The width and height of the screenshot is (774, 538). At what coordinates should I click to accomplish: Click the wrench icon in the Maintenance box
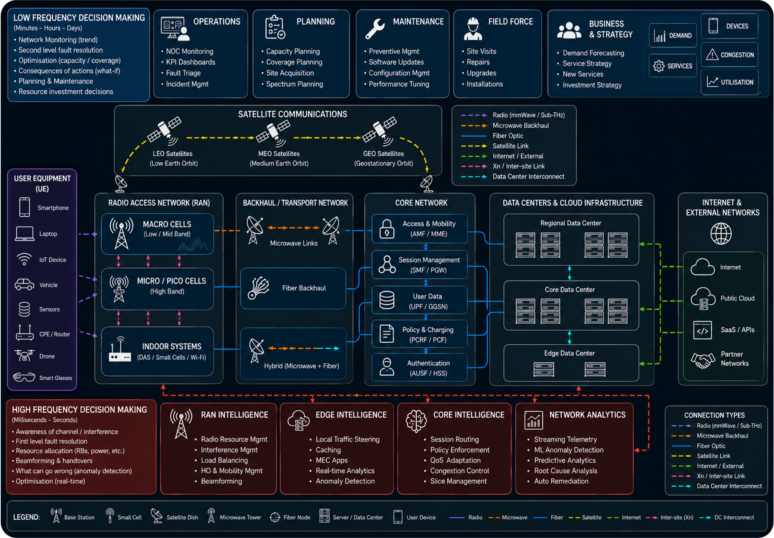click(x=375, y=29)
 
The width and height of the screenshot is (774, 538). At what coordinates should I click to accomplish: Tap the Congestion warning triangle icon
click(x=712, y=55)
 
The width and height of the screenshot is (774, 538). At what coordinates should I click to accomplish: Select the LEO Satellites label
click(x=173, y=154)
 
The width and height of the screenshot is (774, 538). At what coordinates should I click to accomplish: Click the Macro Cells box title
click(x=167, y=224)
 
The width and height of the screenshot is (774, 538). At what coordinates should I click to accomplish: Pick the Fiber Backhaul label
click(x=304, y=288)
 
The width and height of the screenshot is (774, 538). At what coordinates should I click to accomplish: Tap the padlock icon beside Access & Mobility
click(x=387, y=229)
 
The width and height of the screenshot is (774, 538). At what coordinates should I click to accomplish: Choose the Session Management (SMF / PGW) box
click(x=419, y=265)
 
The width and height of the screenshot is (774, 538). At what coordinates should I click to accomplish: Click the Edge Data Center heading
click(x=569, y=353)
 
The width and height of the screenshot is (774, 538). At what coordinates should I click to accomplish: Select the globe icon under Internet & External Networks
click(x=721, y=233)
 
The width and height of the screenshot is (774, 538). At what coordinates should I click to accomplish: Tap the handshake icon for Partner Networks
click(x=702, y=360)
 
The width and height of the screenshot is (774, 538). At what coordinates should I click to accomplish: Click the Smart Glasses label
click(x=56, y=378)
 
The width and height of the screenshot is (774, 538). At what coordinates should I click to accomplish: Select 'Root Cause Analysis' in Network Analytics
click(x=565, y=471)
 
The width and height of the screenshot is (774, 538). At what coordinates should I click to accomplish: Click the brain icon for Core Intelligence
click(x=416, y=421)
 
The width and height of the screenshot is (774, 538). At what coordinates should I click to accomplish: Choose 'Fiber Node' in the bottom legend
click(x=297, y=517)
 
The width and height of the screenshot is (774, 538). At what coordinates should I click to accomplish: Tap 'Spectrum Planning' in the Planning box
click(x=294, y=84)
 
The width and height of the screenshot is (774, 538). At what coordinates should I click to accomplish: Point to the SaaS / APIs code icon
click(x=702, y=330)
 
